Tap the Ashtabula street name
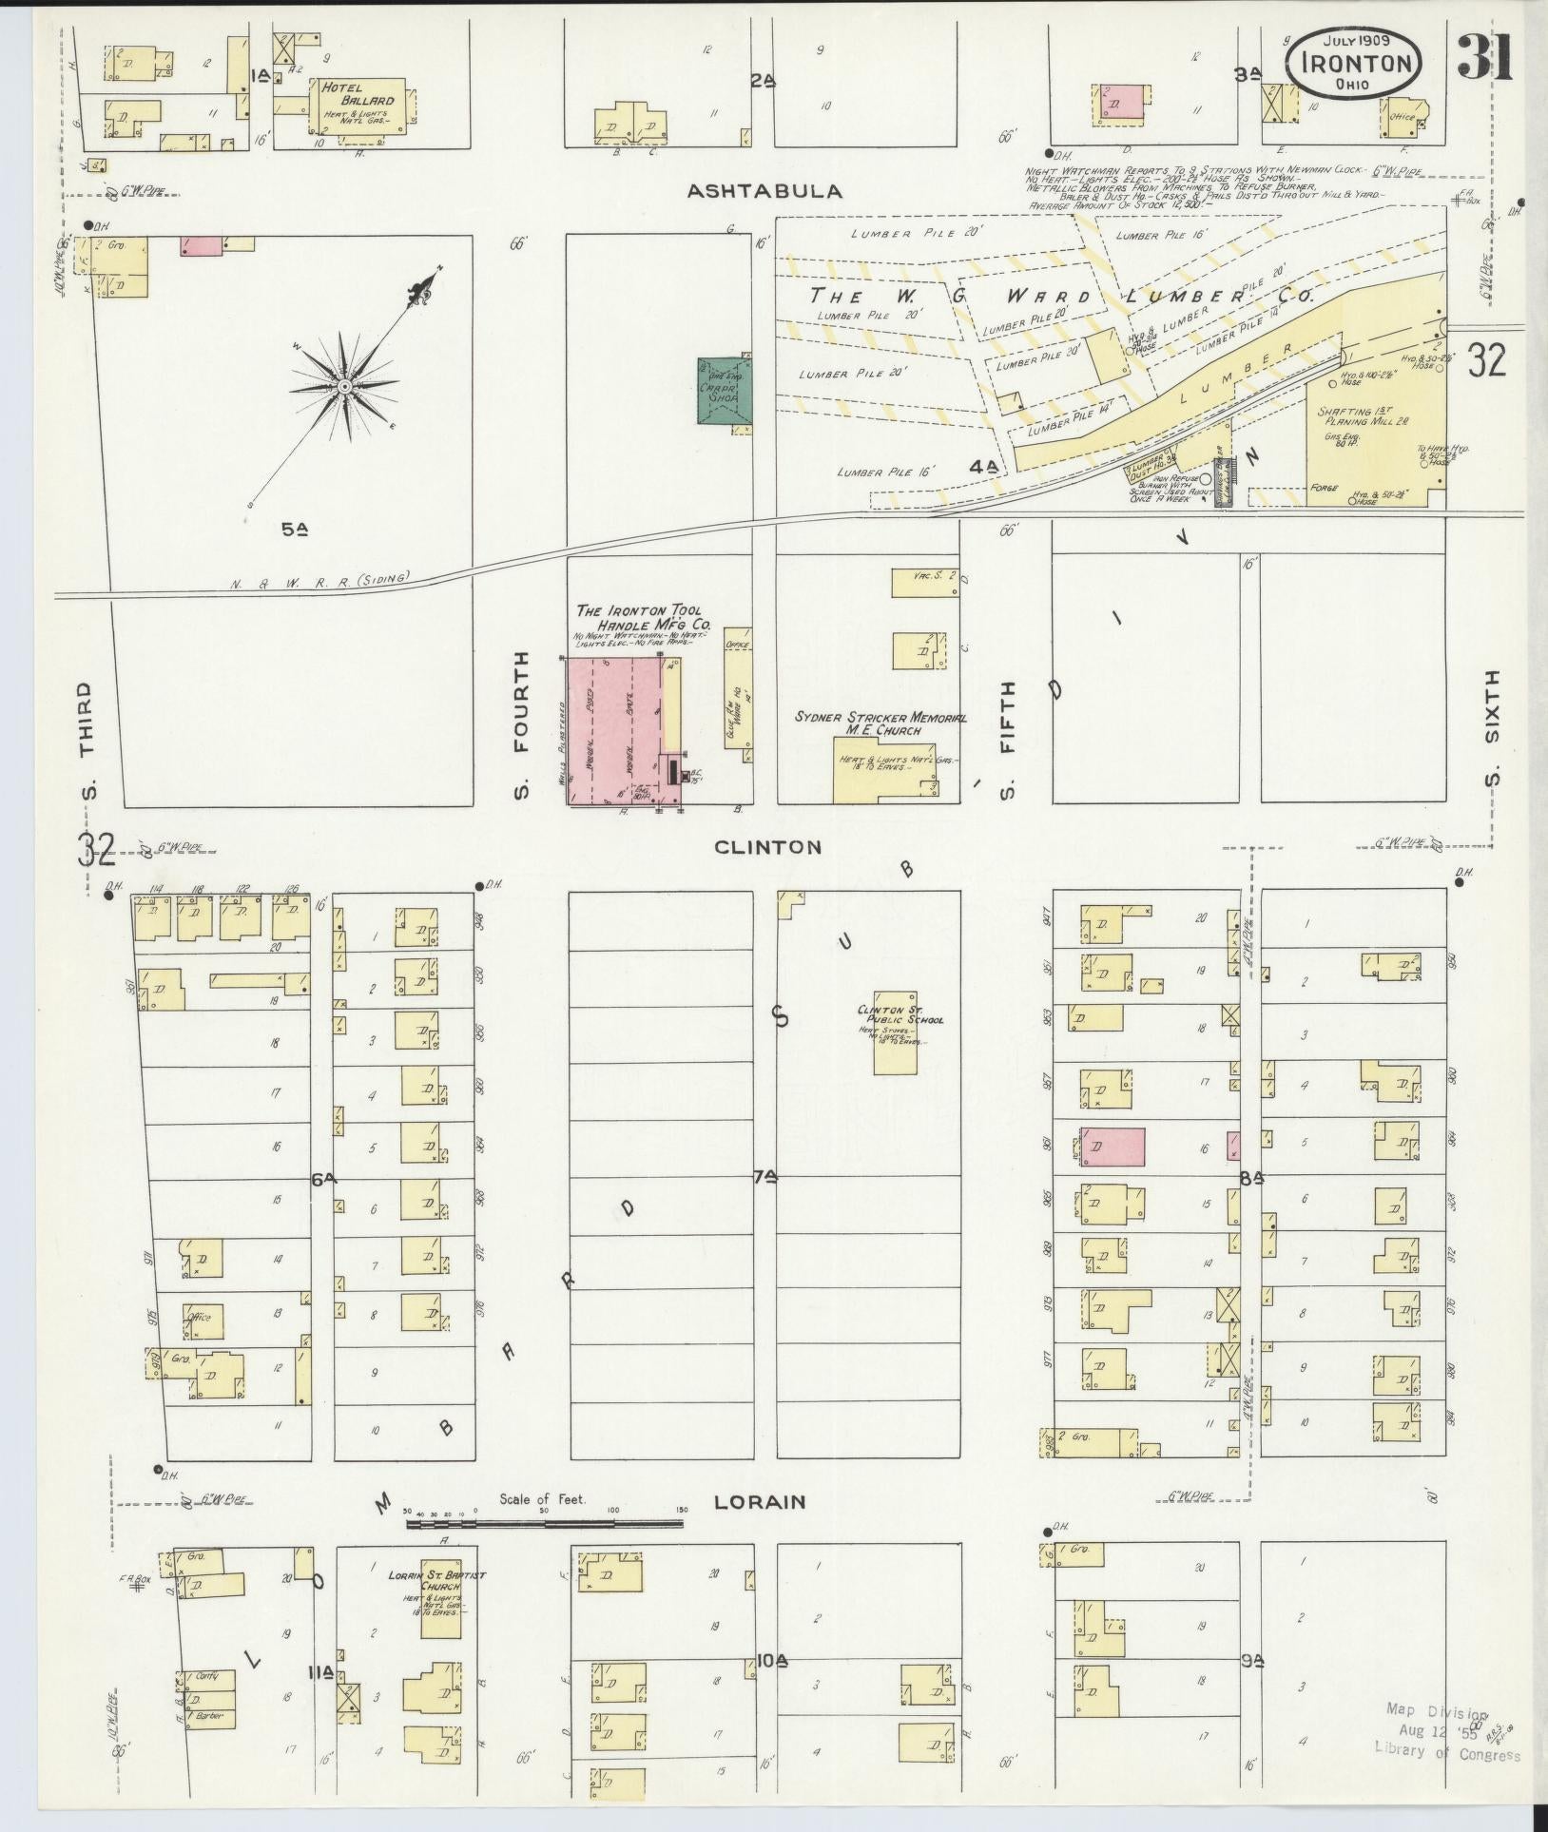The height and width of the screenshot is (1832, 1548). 764,191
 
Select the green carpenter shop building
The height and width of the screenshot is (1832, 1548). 726,393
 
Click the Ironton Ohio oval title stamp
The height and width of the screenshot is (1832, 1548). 1354,61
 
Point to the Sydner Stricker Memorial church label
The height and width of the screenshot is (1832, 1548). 880,723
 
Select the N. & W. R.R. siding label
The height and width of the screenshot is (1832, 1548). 319,577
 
